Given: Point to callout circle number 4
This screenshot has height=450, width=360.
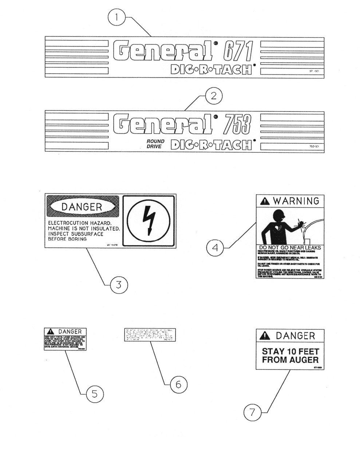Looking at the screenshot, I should point(215,248).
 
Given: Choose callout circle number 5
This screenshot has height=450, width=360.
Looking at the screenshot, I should point(94,394).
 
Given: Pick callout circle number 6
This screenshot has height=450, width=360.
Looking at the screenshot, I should point(178,384).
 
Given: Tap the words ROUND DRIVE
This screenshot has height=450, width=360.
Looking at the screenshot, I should point(155,144).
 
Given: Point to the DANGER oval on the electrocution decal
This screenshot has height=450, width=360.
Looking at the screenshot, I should point(82,207).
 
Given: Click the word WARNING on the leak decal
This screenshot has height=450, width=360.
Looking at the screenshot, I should point(296,201).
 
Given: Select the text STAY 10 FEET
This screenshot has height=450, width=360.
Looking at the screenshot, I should point(290,352).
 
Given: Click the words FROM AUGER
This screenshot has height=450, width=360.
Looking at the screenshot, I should point(290,360).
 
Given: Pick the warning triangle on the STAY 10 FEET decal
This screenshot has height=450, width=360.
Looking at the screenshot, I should point(265,336).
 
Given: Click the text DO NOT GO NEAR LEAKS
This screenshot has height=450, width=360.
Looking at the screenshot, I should point(290,248).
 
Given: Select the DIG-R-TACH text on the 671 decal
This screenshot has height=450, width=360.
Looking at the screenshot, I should point(211,69).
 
